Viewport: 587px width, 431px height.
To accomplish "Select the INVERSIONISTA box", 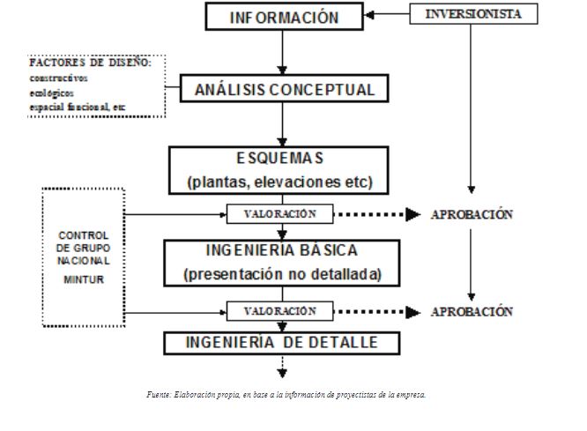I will click(x=473, y=14).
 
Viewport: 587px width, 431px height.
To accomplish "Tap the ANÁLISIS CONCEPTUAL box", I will click(x=279, y=89).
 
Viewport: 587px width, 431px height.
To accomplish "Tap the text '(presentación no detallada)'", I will click(x=282, y=274).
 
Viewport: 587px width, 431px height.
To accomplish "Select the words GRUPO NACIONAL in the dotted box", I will click(x=84, y=255).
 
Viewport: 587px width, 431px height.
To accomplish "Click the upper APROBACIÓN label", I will click(x=472, y=215).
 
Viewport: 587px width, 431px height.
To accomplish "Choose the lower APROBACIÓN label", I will click(x=472, y=312).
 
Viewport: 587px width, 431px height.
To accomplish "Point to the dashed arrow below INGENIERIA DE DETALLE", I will click(x=282, y=366).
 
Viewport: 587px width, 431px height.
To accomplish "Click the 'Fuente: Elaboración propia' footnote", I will click(x=286, y=395).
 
